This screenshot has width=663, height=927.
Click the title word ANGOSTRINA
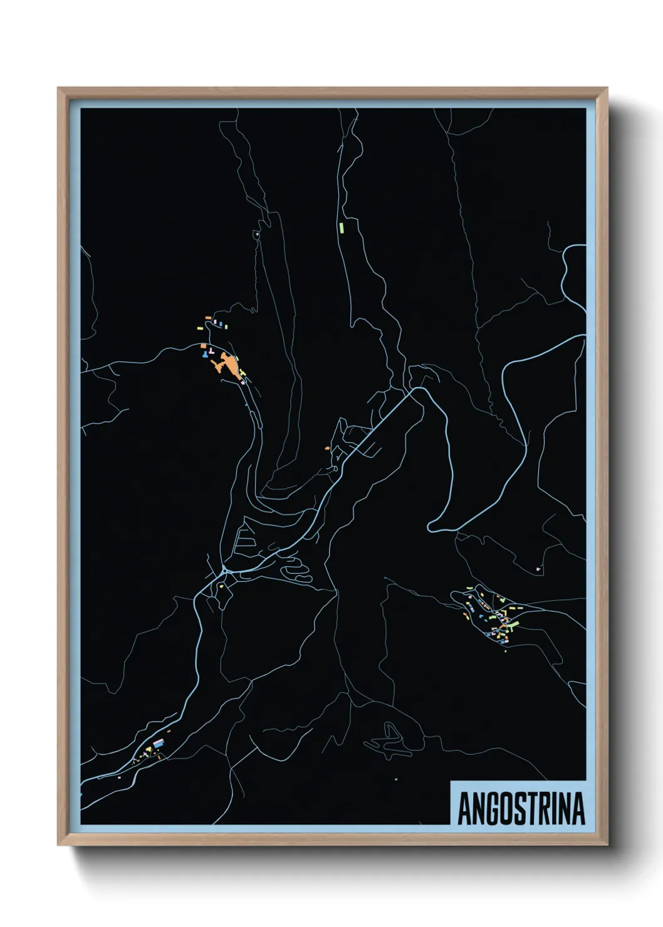click(x=521, y=809)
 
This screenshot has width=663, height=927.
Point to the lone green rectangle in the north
click(x=342, y=227)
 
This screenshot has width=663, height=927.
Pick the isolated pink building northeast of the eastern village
click(x=538, y=569)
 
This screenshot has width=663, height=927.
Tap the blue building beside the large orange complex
click(x=204, y=355)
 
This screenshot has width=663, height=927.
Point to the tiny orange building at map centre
click(x=327, y=448)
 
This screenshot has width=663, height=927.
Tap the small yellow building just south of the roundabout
click(x=221, y=586)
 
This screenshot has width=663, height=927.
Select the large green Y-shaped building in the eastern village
click(x=512, y=625)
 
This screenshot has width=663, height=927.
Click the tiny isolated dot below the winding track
click(x=396, y=779)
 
